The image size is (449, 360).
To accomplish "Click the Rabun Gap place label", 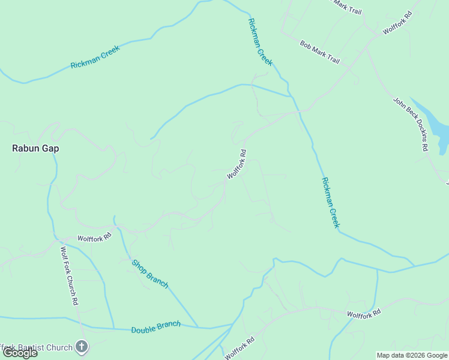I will (36, 148).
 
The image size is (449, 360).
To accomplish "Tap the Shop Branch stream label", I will (150, 274).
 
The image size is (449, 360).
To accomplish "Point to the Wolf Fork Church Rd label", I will (69, 276).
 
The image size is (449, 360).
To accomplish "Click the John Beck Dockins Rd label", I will (411, 124).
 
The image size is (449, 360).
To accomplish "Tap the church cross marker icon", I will (82, 347).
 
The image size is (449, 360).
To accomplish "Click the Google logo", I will (19, 353).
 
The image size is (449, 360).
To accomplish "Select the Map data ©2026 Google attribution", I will (412, 355).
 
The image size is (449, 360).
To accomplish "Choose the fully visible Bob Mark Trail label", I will (320, 53).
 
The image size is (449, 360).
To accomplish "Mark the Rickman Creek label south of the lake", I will (330, 202).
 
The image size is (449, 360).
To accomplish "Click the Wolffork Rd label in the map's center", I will (237, 164).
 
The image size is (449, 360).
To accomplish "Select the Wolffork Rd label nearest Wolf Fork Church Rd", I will (95, 238).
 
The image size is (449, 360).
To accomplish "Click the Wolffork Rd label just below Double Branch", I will (240, 347).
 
